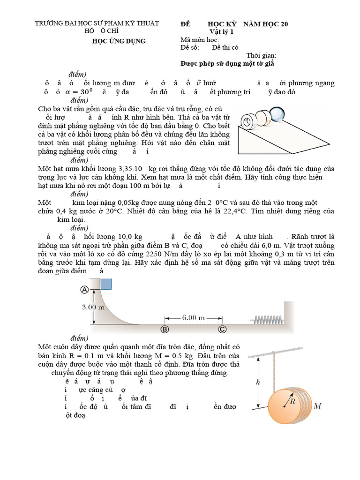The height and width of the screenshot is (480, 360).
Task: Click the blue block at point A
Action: [106, 284]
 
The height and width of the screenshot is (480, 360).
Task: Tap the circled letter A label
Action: [85, 290]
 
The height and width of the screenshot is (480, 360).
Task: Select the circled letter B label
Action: [165, 329]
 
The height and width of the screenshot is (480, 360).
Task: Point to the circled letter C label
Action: [223, 329]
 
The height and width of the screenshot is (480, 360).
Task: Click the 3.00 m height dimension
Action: [93, 307]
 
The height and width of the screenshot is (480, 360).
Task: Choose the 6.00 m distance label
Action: [194, 317]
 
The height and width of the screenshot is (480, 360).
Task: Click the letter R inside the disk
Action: [292, 401]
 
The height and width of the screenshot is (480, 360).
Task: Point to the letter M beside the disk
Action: [317, 405]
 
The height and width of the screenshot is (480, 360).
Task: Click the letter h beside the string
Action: [257, 382]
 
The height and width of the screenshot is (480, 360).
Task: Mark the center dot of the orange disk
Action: [284, 406]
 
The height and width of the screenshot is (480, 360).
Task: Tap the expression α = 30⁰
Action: [77, 92]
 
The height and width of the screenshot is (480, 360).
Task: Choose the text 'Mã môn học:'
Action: [200, 40]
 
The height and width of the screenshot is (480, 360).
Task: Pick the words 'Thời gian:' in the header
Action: [264, 55]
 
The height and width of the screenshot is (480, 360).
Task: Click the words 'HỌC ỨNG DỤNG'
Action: [118, 41]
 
